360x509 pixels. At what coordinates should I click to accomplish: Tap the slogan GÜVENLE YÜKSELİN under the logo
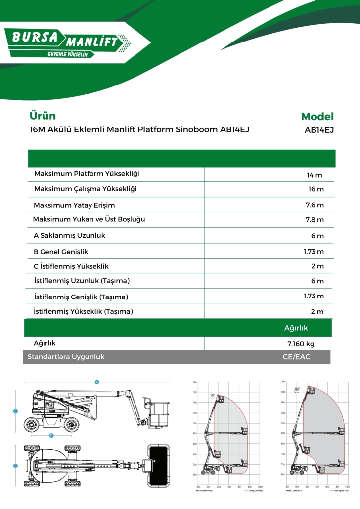(x=67, y=54)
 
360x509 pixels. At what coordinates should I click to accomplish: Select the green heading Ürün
(x=43, y=116)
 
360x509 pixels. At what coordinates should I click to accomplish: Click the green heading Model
(x=317, y=117)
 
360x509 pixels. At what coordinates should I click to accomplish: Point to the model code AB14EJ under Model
(x=319, y=131)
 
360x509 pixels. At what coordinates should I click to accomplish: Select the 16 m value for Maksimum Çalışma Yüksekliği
(x=315, y=189)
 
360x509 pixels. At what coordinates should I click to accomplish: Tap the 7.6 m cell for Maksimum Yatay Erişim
(x=315, y=205)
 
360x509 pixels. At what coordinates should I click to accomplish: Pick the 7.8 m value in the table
(x=315, y=220)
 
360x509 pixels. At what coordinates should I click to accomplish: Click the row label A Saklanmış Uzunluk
(x=69, y=236)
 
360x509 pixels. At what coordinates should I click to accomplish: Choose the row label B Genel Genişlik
(x=60, y=252)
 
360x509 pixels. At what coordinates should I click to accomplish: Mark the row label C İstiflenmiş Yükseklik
(x=71, y=266)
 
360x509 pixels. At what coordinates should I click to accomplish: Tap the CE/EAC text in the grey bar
(x=296, y=357)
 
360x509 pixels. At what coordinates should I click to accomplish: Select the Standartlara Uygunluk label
(x=66, y=357)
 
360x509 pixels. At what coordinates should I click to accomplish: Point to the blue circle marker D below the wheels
(x=51, y=436)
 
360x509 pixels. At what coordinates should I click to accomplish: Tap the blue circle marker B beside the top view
(x=15, y=466)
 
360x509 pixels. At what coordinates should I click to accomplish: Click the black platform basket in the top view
(x=159, y=464)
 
